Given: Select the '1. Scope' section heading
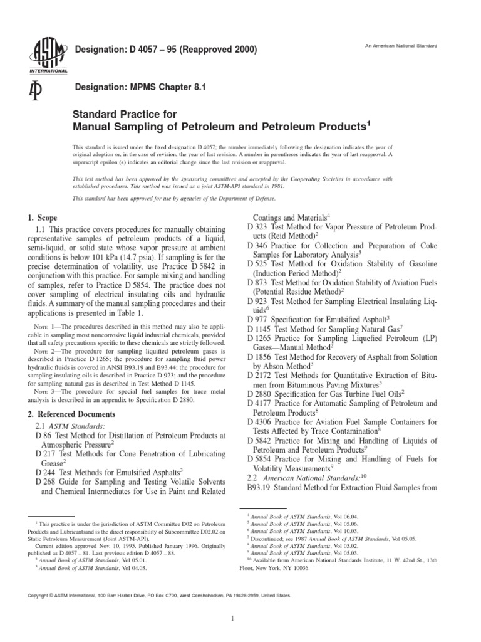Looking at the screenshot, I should coord(42,217).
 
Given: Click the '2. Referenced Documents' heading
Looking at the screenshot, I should coord(71,414).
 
